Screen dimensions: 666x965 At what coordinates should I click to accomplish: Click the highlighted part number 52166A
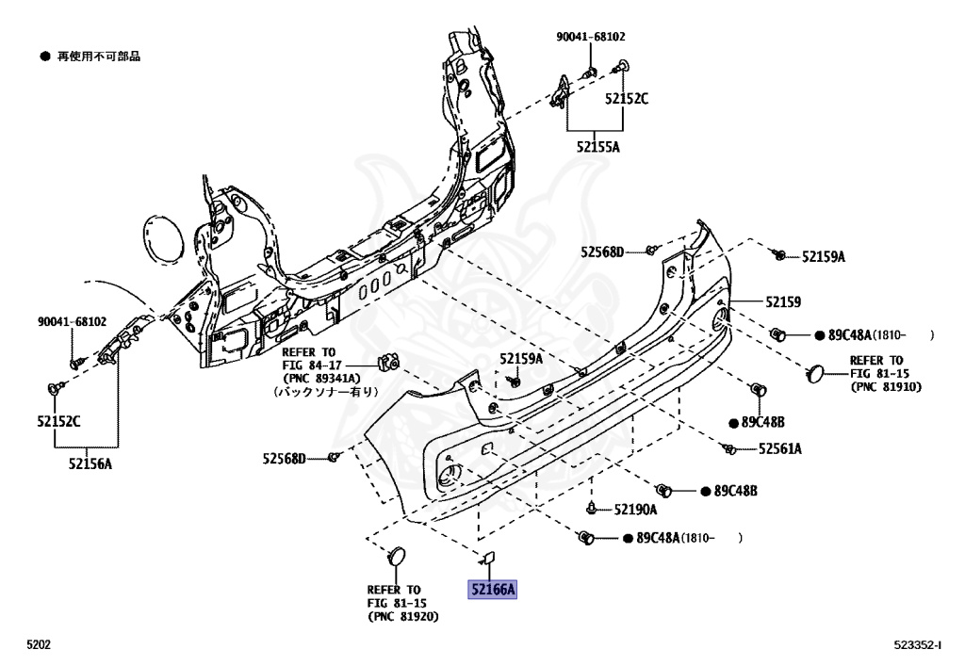pos(494,591)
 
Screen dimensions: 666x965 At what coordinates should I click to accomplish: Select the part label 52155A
pos(598,147)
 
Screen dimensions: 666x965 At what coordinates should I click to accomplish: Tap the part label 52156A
pos(90,463)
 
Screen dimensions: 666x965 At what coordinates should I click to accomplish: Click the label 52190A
pos(635,510)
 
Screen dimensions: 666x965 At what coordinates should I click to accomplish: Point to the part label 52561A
pos(780,448)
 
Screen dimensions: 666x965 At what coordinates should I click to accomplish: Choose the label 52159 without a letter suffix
pos(782,301)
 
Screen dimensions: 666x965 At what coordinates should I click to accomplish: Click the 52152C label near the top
pos(627,98)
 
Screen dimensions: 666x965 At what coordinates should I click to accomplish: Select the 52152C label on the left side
pos(59,421)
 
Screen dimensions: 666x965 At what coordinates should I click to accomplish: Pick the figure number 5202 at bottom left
pos(39,645)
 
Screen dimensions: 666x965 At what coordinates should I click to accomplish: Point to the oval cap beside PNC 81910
pos(816,374)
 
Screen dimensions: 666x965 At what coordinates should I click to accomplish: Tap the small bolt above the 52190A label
pos(591,509)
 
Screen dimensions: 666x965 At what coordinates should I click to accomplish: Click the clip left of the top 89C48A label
pos(780,333)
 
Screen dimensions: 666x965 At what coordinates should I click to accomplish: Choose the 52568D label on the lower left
pos(285,459)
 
